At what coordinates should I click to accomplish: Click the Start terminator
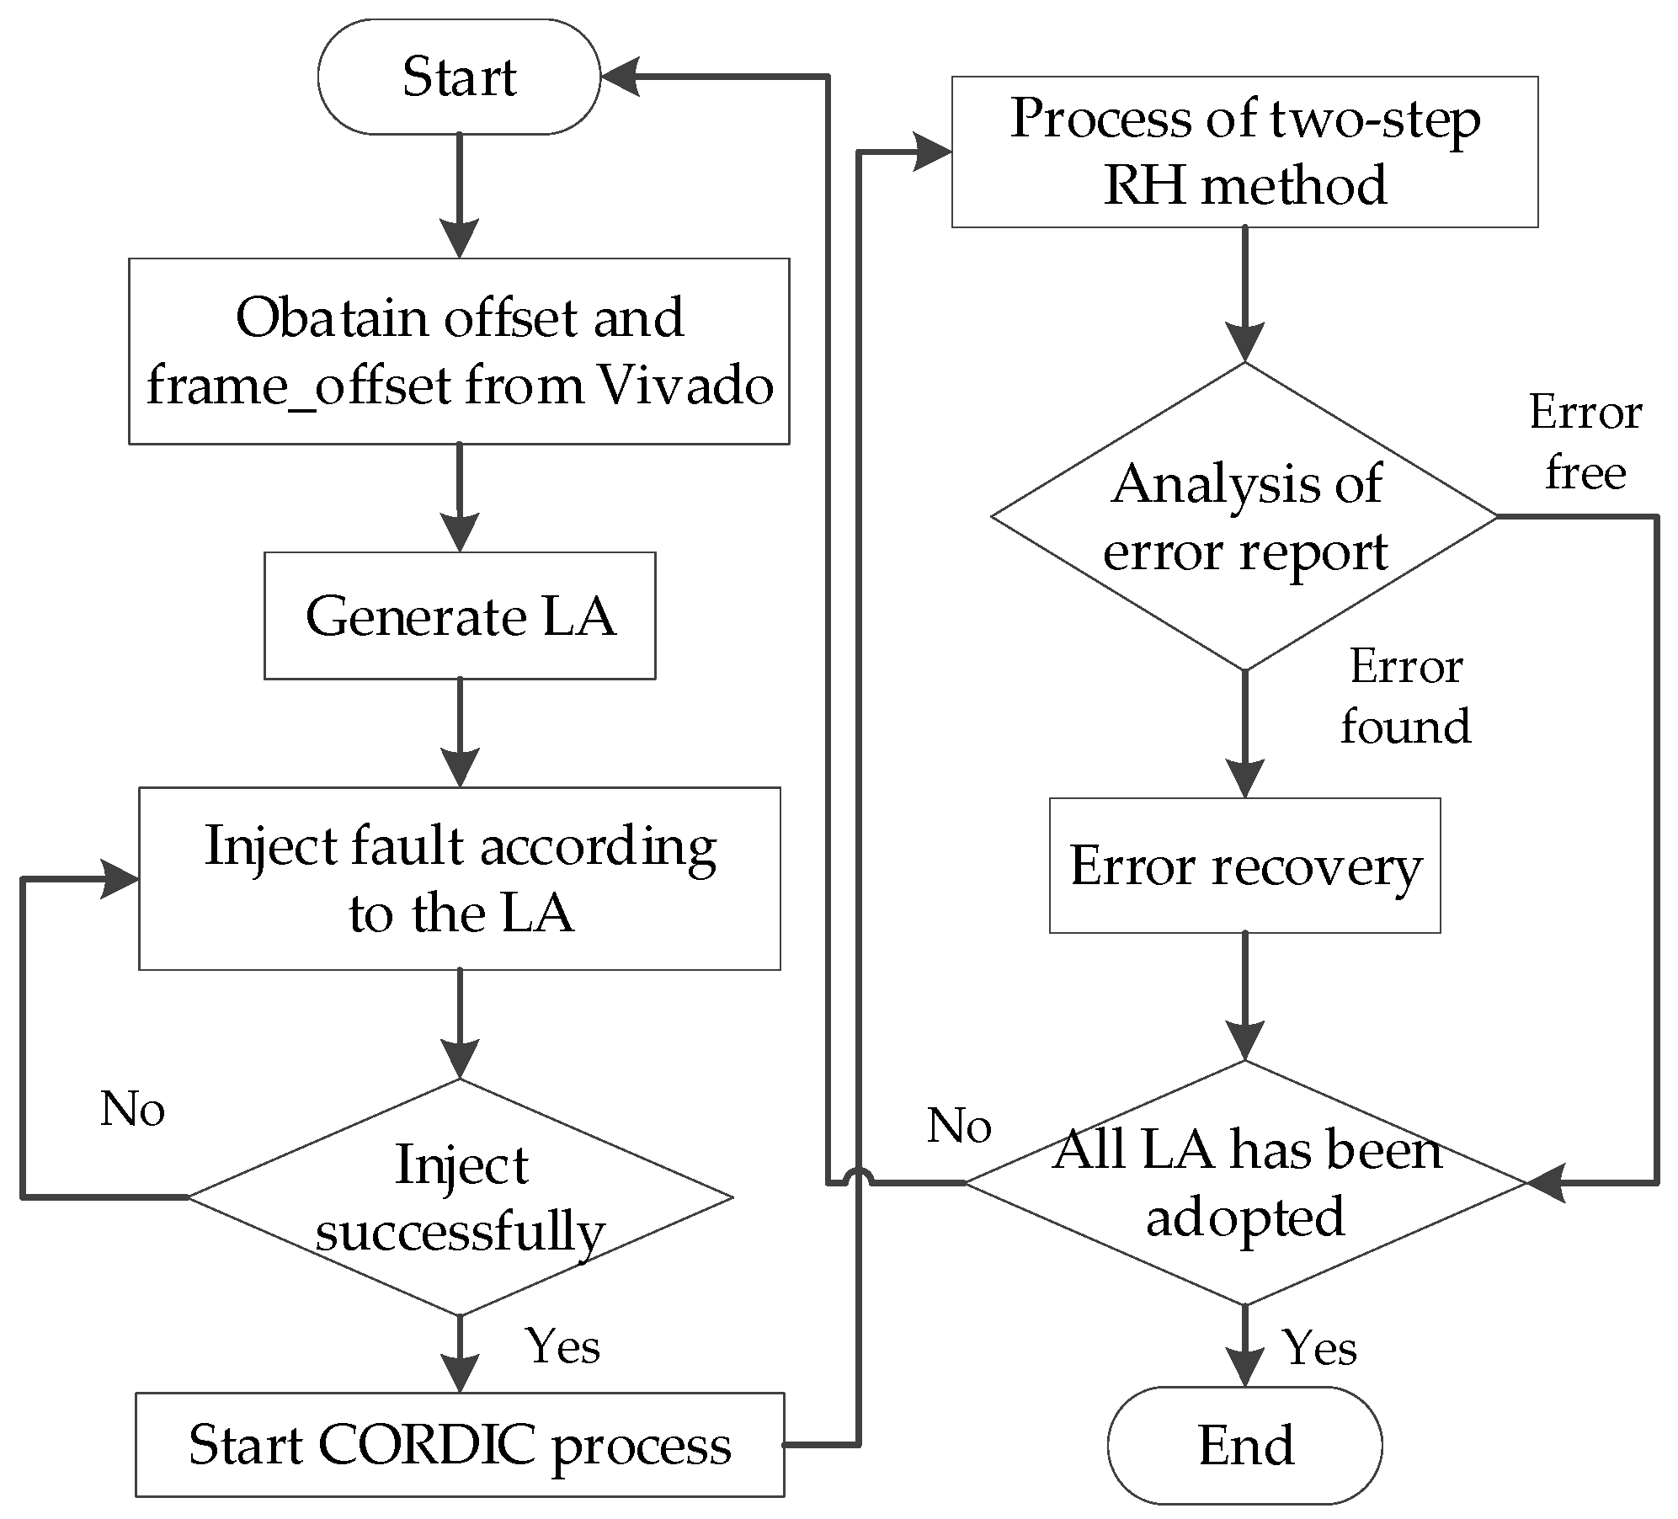point(459,77)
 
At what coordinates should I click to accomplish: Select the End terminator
point(1244,1445)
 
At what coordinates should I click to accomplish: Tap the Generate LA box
point(460,616)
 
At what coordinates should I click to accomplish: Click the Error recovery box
point(1244,866)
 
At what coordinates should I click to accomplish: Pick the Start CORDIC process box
point(460,1445)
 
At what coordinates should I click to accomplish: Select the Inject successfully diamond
point(460,1197)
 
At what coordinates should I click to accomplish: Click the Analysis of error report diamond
point(1244,516)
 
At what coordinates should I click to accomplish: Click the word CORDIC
point(427,1445)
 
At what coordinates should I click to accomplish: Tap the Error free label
point(1585,442)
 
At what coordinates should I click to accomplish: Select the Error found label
point(1406,696)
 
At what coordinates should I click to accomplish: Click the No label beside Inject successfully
point(132,1108)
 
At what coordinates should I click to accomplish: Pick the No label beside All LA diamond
point(959,1125)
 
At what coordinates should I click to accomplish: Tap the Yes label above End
point(1319,1348)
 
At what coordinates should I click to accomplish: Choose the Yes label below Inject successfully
point(562,1345)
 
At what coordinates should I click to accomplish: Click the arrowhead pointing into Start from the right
point(620,77)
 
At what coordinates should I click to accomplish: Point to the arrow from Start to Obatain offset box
point(459,195)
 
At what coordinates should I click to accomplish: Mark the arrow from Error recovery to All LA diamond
point(1244,997)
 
